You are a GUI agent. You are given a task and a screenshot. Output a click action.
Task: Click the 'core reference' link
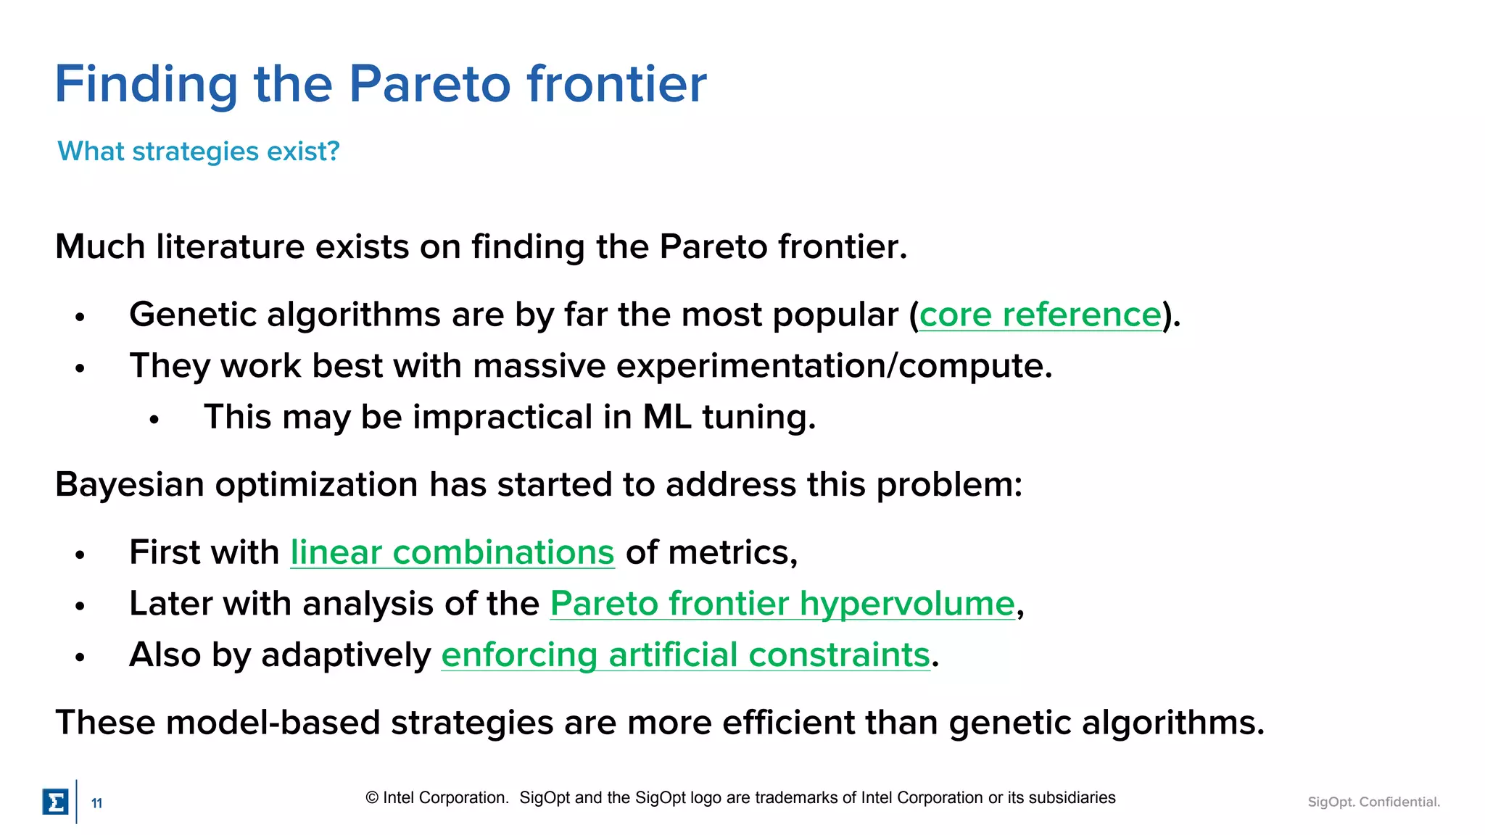pyautogui.click(x=1040, y=315)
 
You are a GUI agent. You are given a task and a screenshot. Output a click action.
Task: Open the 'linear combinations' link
pyautogui.click(x=452, y=553)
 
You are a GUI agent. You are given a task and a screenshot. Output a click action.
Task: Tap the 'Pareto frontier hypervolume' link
pyautogui.click(x=782, y=604)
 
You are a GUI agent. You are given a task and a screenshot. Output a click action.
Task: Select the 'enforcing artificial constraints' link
pyautogui.click(x=685, y=655)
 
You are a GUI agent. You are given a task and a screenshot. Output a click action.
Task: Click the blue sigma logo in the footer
pyautogui.click(x=56, y=802)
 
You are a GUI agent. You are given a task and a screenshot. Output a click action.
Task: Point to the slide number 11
pyautogui.click(x=96, y=803)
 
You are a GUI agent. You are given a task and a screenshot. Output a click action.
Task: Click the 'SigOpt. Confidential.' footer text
pyautogui.click(x=1373, y=802)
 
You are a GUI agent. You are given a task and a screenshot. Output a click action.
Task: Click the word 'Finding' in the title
pyautogui.click(x=146, y=85)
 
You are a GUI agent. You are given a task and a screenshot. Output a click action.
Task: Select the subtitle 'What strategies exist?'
pyautogui.click(x=199, y=151)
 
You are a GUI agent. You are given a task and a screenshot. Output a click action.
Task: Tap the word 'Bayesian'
pyautogui.click(x=130, y=485)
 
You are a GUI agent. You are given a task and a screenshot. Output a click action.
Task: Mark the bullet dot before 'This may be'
pyautogui.click(x=154, y=420)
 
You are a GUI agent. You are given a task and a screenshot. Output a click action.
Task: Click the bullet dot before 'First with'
pyautogui.click(x=80, y=555)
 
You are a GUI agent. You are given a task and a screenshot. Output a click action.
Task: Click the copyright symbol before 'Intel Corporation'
pyautogui.click(x=372, y=798)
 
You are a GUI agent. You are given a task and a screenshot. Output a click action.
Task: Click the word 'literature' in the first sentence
pyautogui.click(x=230, y=247)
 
